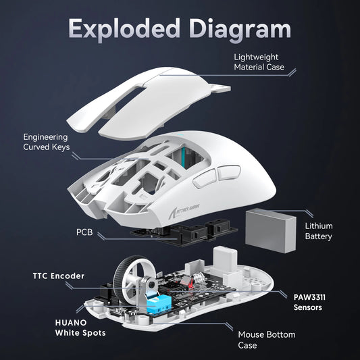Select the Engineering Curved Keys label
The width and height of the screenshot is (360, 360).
coord(46,141)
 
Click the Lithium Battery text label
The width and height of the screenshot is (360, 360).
coord(319,231)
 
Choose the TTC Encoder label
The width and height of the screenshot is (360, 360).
coord(59,276)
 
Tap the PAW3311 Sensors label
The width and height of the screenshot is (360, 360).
coord(317,301)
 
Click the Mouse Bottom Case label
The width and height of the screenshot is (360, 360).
coord(266,339)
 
